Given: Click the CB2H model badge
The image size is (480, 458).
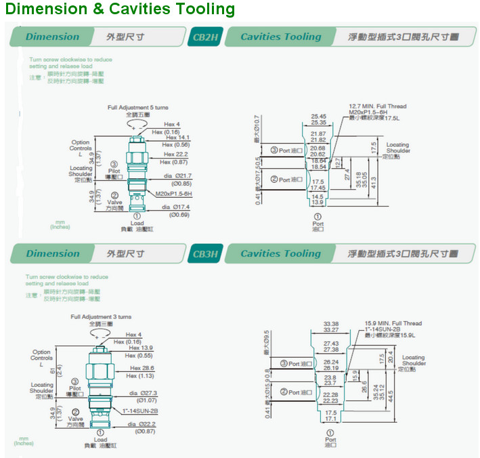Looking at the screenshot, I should [x=204, y=37].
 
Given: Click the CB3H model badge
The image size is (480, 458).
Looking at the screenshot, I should [x=204, y=253].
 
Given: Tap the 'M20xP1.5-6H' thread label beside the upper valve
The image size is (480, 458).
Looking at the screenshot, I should [x=174, y=193].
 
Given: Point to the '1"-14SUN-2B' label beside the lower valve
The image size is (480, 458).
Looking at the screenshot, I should [x=140, y=411].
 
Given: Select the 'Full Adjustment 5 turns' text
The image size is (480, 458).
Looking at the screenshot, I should [x=138, y=108].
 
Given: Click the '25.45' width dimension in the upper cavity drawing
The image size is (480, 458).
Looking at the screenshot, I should [x=318, y=117].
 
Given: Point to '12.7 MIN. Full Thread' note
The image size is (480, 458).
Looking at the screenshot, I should [x=377, y=106].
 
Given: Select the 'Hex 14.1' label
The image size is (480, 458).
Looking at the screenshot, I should [x=178, y=138].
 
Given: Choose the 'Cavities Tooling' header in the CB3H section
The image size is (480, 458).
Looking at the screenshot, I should [x=280, y=253].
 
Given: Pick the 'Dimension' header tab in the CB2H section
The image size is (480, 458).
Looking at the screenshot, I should [x=52, y=37].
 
